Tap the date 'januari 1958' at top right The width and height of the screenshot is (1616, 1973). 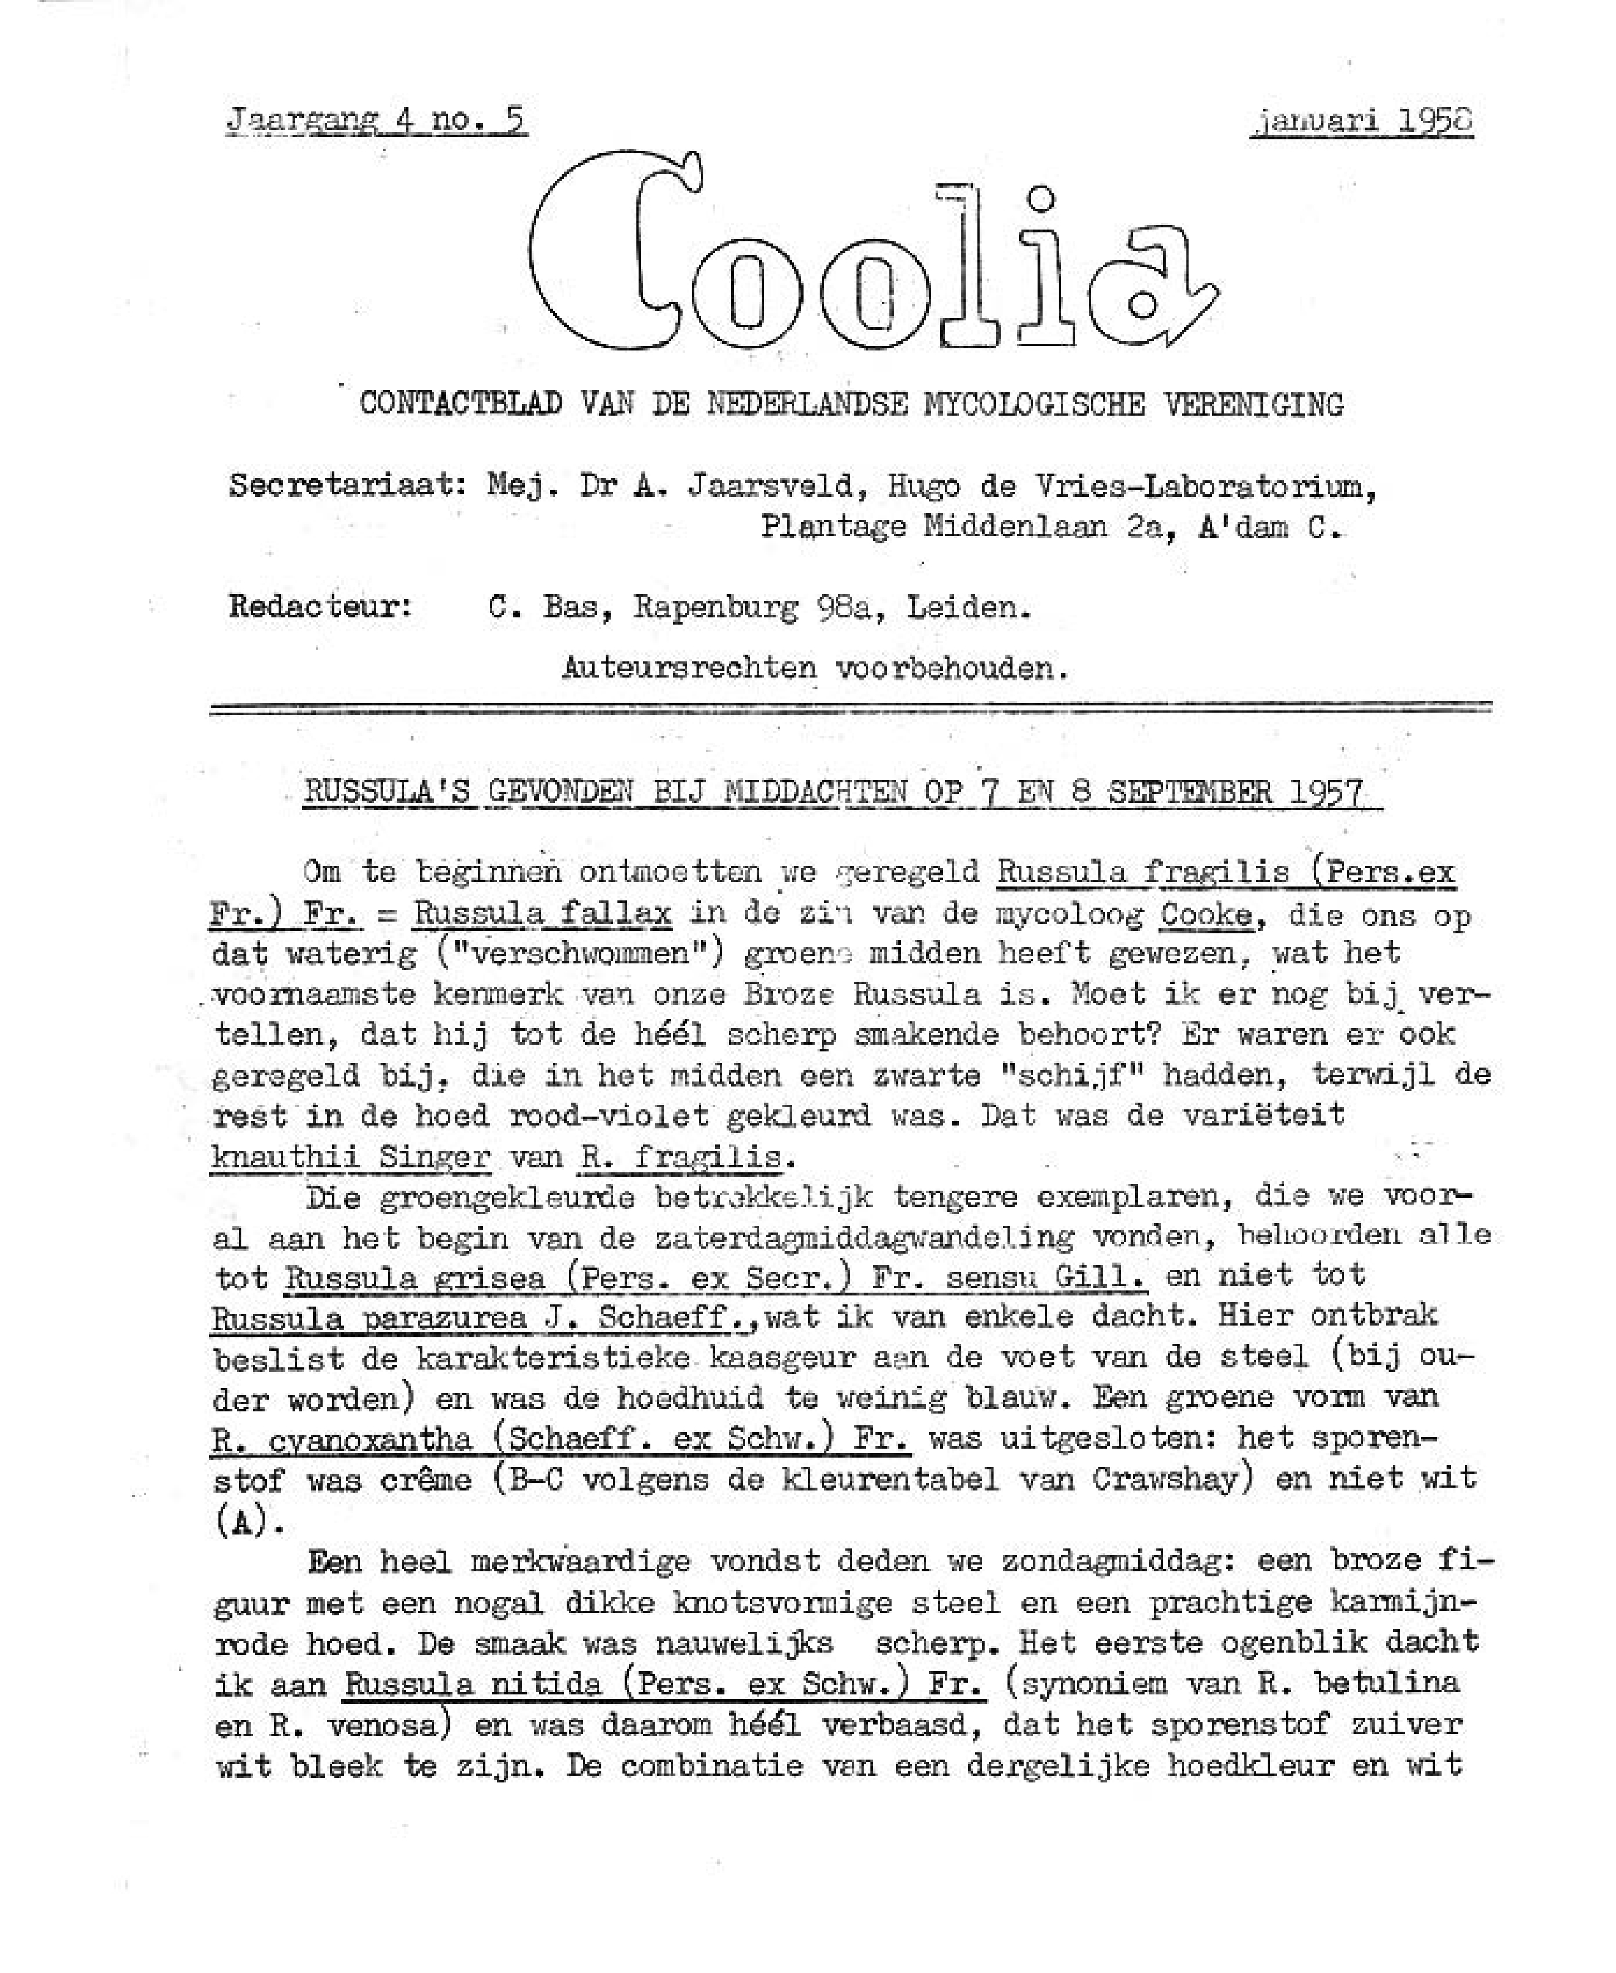pos(1360,122)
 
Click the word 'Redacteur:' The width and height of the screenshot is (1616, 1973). pos(321,608)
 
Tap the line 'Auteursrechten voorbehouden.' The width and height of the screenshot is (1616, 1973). pos(815,668)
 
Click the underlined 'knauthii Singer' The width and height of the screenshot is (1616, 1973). pos(351,1157)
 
